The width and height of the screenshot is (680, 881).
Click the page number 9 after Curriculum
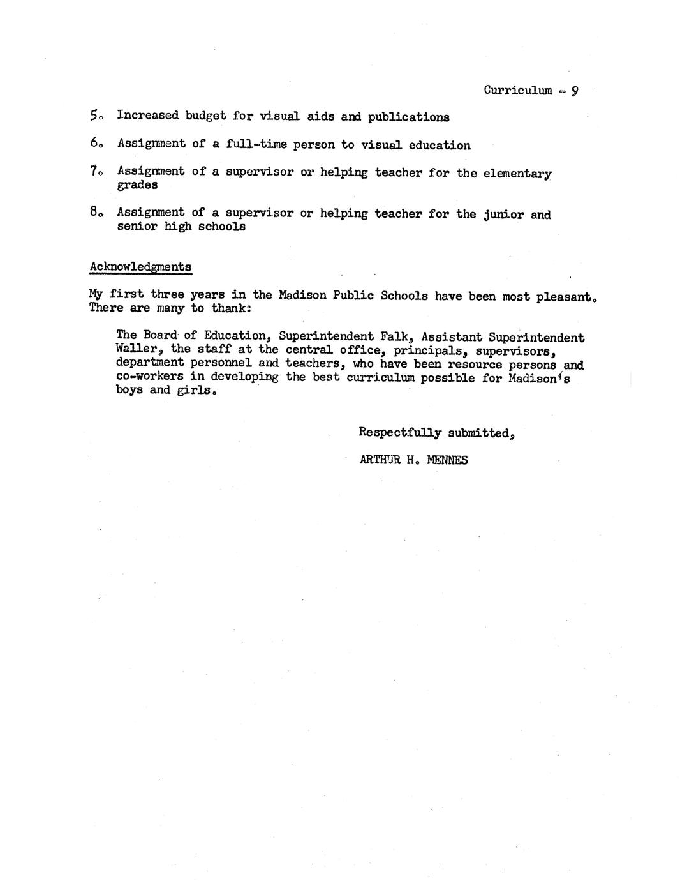(x=574, y=91)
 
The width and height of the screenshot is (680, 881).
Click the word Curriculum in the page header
(x=517, y=90)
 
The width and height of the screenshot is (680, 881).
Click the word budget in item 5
(x=205, y=116)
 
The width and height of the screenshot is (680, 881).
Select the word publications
(x=408, y=117)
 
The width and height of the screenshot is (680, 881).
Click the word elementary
(x=517, y=173)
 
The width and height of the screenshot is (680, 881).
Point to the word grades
(x=137, y=185)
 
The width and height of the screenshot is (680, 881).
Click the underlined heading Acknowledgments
(x=140, y=266)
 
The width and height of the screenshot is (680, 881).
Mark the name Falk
(x=393, y=336)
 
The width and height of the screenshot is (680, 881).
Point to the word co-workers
(x=150, y=377)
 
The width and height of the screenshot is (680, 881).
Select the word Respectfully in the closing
(x=399, y=433)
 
